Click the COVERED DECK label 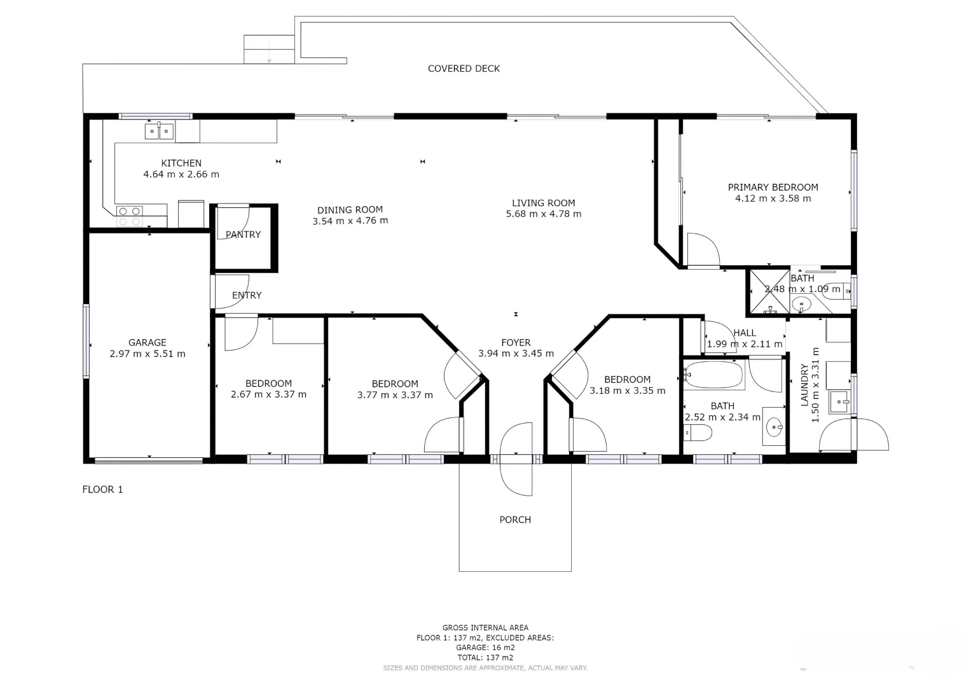[x=464, y=69]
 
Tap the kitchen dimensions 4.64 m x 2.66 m [x=181, y=174]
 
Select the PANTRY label [x=243, y=235]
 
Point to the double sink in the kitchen [x=158, y=132]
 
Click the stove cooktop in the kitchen [x=130, y=216]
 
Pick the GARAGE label [x=147, y=343]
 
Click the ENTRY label [x=247, y=295]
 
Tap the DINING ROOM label [x=350, y=210]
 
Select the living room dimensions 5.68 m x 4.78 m [x=543, y=214]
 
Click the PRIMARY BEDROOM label [x=773, y=187]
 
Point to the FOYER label [x=516, y=343]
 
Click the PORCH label [x=515, y=520]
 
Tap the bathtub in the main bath [x=714, y=376]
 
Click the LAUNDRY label [x=804, y=385]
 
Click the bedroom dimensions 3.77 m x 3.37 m [x=395, y=395]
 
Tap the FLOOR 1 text [x=102, y=489]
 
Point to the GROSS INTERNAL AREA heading [x=485, y=628]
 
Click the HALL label [x=745, y=333]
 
